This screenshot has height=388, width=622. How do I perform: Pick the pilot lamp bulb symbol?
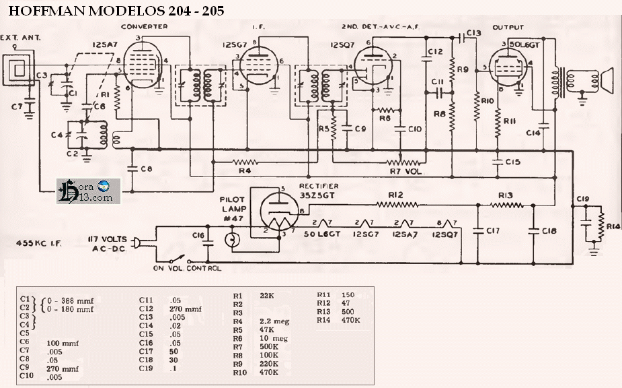pyautogui.click(x=233, y=239)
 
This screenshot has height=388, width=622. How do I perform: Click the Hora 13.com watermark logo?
pyautogui.click(x=88, y=191)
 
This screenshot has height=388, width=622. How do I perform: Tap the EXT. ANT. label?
pyautogui.click(x=21, y=38)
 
